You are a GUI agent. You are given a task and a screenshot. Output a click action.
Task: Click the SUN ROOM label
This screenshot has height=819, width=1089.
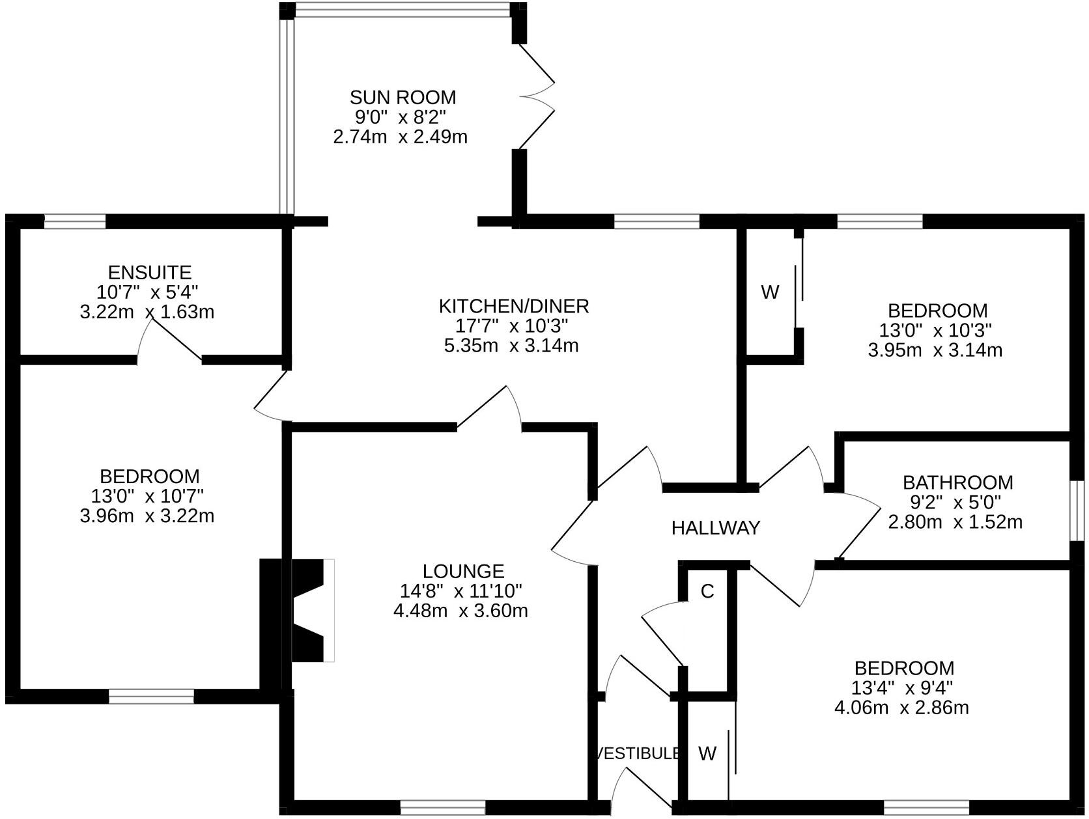(403, 98)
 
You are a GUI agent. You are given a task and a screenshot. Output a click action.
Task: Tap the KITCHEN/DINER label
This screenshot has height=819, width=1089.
(513, 305)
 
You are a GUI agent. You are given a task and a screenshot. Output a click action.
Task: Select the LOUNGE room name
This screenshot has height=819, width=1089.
(463, 571)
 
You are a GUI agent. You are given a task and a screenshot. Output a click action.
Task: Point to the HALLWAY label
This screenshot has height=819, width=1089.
(715, 527)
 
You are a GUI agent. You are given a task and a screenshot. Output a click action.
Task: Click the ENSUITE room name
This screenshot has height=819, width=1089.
(149, 272)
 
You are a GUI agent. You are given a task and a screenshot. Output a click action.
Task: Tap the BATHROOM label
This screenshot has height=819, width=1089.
(957, 482)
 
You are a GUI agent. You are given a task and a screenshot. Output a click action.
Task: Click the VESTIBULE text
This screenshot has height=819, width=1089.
(639, 753)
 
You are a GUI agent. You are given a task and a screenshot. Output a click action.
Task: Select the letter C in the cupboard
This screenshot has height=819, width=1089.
(707, 591)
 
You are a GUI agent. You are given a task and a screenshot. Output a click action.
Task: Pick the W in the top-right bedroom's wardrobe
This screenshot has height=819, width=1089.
(769, 292)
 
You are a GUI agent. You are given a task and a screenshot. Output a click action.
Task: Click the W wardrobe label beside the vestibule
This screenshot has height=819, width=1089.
(707, 753)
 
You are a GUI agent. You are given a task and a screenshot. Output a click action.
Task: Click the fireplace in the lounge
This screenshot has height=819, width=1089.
(311, 610)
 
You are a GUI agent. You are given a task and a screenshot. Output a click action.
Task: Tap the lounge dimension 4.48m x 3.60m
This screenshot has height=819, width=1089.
(460, 611)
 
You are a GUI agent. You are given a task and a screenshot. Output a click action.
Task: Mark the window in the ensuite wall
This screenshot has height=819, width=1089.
(74, 222)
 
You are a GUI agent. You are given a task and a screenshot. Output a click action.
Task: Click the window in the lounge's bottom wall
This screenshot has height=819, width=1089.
(443, 808)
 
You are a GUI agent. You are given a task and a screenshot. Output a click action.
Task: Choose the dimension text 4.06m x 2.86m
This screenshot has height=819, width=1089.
(901, 708)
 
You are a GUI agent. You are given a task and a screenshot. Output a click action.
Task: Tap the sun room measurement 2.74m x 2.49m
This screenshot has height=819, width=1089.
(400, 137)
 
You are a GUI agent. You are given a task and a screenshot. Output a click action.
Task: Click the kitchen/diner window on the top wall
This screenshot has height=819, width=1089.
(657, 222)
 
